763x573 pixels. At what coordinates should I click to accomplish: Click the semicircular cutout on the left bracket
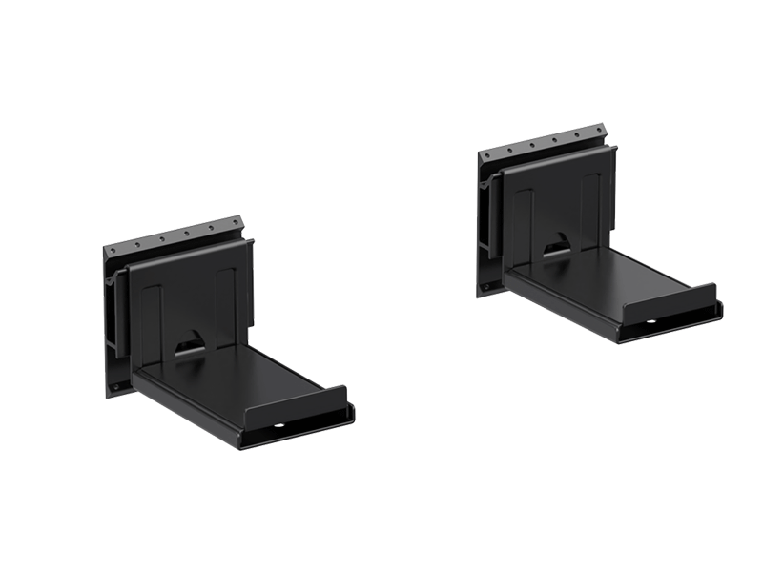[x=190, y=341]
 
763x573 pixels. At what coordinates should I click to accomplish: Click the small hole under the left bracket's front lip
[x=279, y=427]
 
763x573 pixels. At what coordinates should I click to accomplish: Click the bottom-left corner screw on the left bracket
[x=115, y=387]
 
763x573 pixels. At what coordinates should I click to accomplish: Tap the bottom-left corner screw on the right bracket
[x=485, y=286]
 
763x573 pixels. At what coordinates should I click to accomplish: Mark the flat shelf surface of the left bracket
[x=238, y=378]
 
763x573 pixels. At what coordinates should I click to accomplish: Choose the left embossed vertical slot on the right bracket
[x=523, y=221]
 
